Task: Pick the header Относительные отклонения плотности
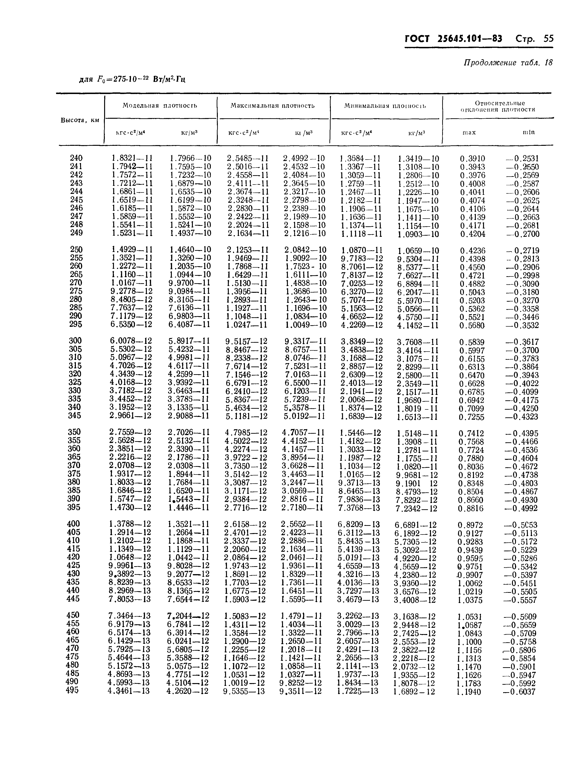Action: point(500,106)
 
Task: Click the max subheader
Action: point(469,132)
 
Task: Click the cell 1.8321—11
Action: point(132,158)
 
